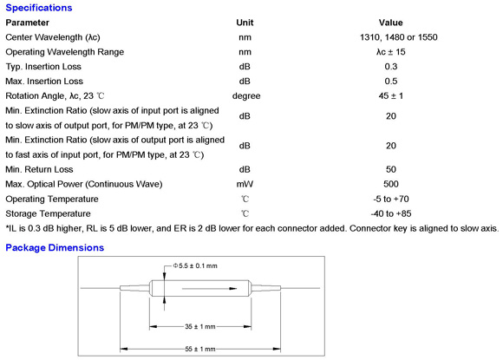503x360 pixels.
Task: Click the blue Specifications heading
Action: click(39, 8)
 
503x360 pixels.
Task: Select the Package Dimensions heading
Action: click(55, 248)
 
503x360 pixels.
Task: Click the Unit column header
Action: click(245, 23)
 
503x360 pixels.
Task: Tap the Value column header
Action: click(391, 23)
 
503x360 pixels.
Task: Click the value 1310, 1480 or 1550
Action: click(399, 37)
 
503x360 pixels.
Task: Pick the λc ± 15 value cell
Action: click(391, 52)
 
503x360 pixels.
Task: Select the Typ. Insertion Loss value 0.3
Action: click(391, 67)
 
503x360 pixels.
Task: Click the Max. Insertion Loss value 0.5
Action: click(391, 82)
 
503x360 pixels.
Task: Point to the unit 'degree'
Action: click(246, 96)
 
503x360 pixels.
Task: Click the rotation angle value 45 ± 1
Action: click(391, 96)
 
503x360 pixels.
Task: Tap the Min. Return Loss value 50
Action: click(391, 169)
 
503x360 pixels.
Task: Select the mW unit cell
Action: click(245, 184)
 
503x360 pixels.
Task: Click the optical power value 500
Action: click(391, 184)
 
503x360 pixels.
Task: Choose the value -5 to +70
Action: click(391, 199)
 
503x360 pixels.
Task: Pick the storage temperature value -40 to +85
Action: click(391, 213)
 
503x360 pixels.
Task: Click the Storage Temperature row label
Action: click(48, 213)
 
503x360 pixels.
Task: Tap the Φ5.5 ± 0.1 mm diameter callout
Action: click(195, 266)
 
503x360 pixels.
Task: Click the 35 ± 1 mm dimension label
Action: click(199, 327)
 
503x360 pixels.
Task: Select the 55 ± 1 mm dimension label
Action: click(199, 349)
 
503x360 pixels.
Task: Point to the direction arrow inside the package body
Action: click(210, 289)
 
